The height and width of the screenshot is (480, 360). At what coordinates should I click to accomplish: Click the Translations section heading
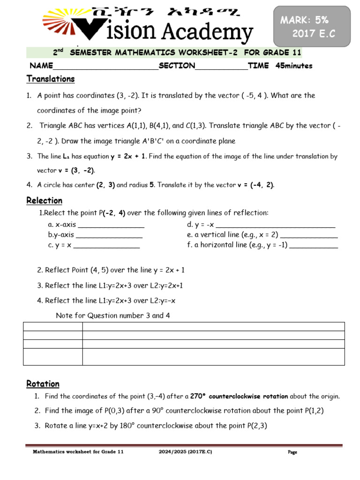pos(51,79)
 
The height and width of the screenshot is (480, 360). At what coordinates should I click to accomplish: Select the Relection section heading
pos(44,201)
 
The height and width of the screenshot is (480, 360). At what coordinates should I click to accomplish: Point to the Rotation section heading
pos(43,384)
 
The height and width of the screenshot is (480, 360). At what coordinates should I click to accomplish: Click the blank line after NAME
pos(105,66)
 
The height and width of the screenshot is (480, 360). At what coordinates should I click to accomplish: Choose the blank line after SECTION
pos(221,66)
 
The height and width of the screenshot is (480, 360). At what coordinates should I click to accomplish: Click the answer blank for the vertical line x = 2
pos(308,235)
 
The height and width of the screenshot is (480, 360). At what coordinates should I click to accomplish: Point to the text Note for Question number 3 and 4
pos(112,315)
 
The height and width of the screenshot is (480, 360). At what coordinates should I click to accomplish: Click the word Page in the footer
pos(292,452)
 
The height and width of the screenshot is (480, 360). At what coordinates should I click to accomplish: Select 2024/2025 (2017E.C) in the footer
pos(185,452)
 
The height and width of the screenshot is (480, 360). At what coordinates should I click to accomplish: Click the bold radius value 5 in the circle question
pos(152,185)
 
